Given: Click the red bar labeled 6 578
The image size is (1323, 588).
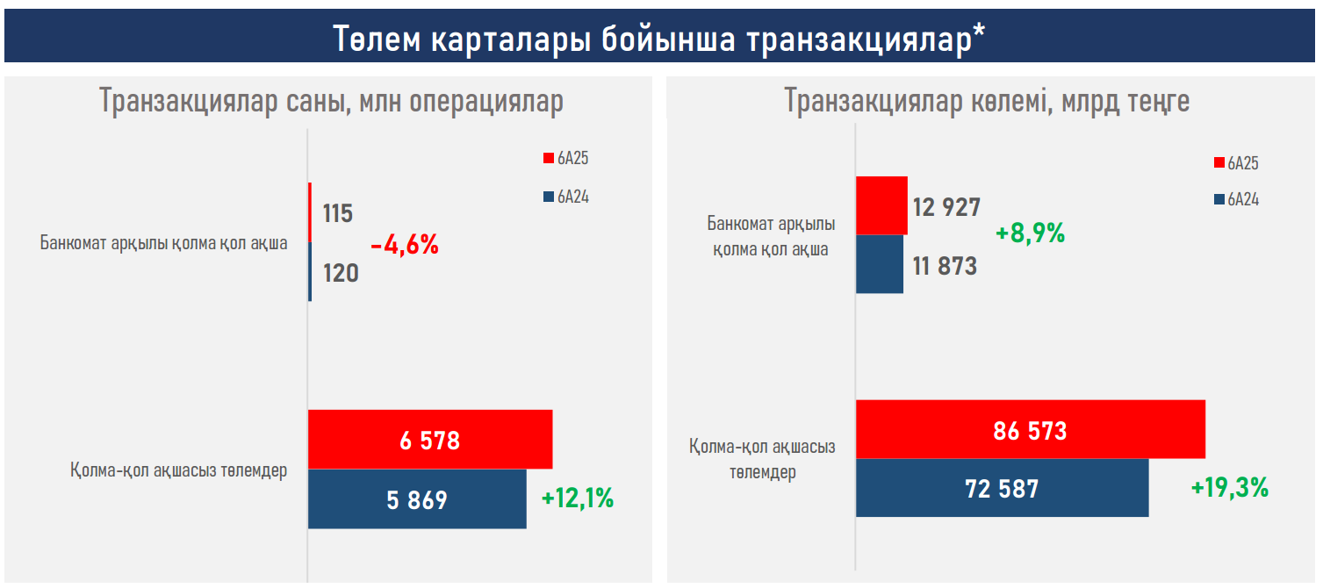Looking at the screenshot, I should [x=430, y=439].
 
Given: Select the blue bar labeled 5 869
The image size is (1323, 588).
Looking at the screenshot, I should [x=417, y=499].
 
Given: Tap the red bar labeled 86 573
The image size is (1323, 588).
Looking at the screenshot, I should [x=1030, y=429].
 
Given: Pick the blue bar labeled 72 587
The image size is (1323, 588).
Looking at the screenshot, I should [x=1002, y=487].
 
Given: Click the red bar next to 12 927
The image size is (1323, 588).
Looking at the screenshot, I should [x=881, y=205].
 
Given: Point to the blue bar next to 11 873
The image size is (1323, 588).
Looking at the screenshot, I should [x=880, y=264].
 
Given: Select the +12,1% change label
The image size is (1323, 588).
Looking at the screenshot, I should [x=577, y=498].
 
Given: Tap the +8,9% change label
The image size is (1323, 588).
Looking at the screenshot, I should [x=1030, y=233].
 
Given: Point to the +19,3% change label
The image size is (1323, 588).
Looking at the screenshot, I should [x=1229, y=488].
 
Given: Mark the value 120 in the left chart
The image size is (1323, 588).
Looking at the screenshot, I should [x=340, y=274].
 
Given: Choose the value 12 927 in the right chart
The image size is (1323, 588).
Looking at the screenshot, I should [x=946, y=207].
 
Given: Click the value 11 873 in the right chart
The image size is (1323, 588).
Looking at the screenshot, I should [x=945, y=265].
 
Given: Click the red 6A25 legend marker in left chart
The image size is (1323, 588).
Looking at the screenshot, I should [x=549, y=159].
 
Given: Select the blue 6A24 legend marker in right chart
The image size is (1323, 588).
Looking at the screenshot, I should [x=1219, y=200].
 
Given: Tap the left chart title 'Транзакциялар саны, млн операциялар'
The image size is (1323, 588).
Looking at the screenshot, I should [x=331, y=102].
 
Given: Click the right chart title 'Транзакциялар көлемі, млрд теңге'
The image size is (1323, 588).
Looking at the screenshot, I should [x=987, y=102].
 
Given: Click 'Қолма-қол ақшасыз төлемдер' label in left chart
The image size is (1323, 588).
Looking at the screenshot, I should [x=179, y=470].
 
